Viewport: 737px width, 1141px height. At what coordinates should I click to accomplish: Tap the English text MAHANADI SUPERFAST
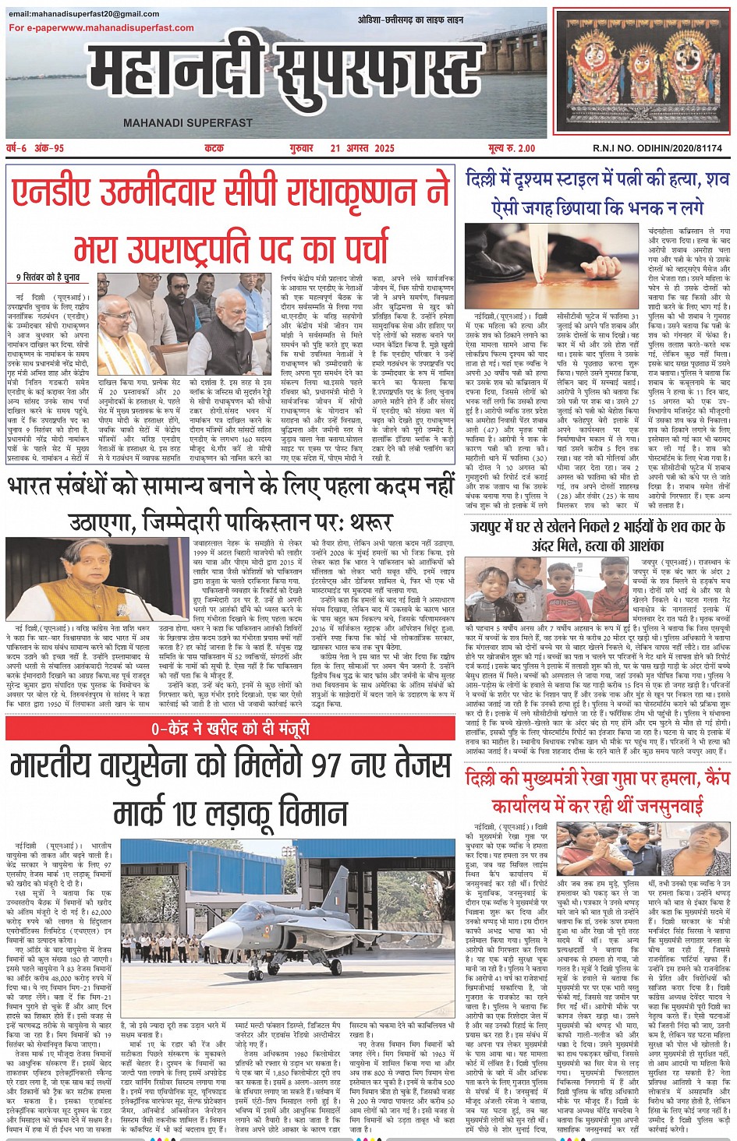click(188, 123)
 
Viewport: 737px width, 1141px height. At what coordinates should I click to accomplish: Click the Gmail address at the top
click(84, 14)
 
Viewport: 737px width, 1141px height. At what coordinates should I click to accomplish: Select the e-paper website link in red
click(101, 28)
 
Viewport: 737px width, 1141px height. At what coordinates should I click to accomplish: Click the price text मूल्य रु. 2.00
click(512, 148)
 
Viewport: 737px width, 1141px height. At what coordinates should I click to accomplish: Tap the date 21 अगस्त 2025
click(362, 148)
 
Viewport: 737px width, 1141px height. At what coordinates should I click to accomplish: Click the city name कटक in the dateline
click(214, 148)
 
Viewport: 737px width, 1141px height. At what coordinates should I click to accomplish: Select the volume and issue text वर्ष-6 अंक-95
click(35, 148)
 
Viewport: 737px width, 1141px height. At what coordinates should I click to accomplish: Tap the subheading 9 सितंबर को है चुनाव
click(48, 277)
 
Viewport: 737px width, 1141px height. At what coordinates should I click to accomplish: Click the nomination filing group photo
click(184, 323)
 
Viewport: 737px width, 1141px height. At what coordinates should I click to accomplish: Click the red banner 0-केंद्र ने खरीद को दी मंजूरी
click(230, 729)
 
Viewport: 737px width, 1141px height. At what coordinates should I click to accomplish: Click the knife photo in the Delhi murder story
click(553, 265)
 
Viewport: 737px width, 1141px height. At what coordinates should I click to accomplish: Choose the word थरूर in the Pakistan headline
click(371, 521)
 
